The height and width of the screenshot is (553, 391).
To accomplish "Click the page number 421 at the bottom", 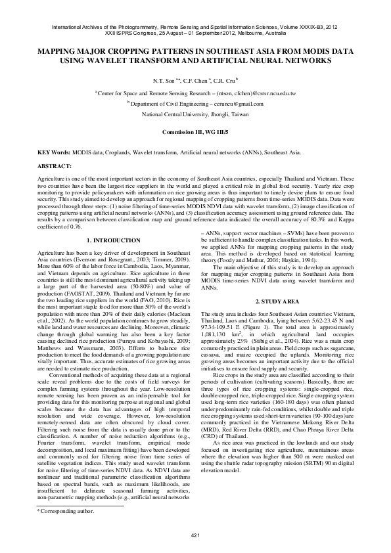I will click(195, 536).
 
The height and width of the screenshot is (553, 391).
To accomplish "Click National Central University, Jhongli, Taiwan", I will click(195, 113).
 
